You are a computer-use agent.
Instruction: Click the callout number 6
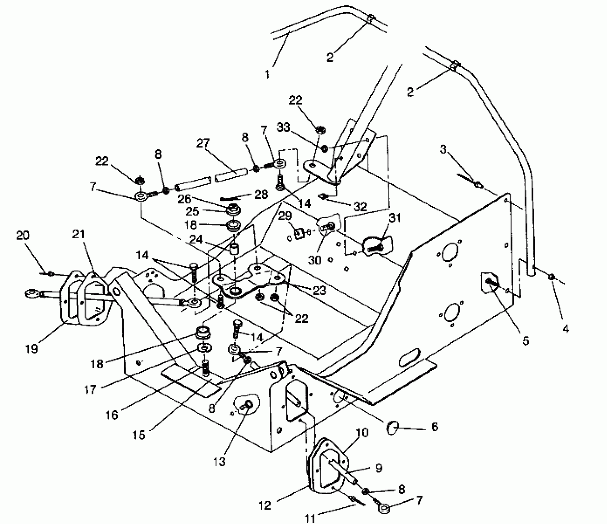pyautogui.click(x=435, y=427)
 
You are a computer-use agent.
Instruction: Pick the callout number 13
pyautogui.click(x=219, y=462)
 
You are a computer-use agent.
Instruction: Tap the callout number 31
pyautogui.click(x=395, y=218)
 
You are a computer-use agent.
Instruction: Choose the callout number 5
pyautogui.click(x=526, y=341)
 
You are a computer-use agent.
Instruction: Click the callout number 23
pyautogui.click(x=319, y=290)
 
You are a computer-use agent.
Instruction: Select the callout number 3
pyautogui.click(x=443, y=150)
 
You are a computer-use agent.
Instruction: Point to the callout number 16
pyautogui.click(x=112, y=415)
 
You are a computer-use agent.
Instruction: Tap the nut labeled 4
pyautogui.click(x=552, y=277)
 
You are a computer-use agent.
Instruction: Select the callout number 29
pyautogui.click(x=285, y=216)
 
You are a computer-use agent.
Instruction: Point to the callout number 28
pyautogui.click(x=261, y=195)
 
